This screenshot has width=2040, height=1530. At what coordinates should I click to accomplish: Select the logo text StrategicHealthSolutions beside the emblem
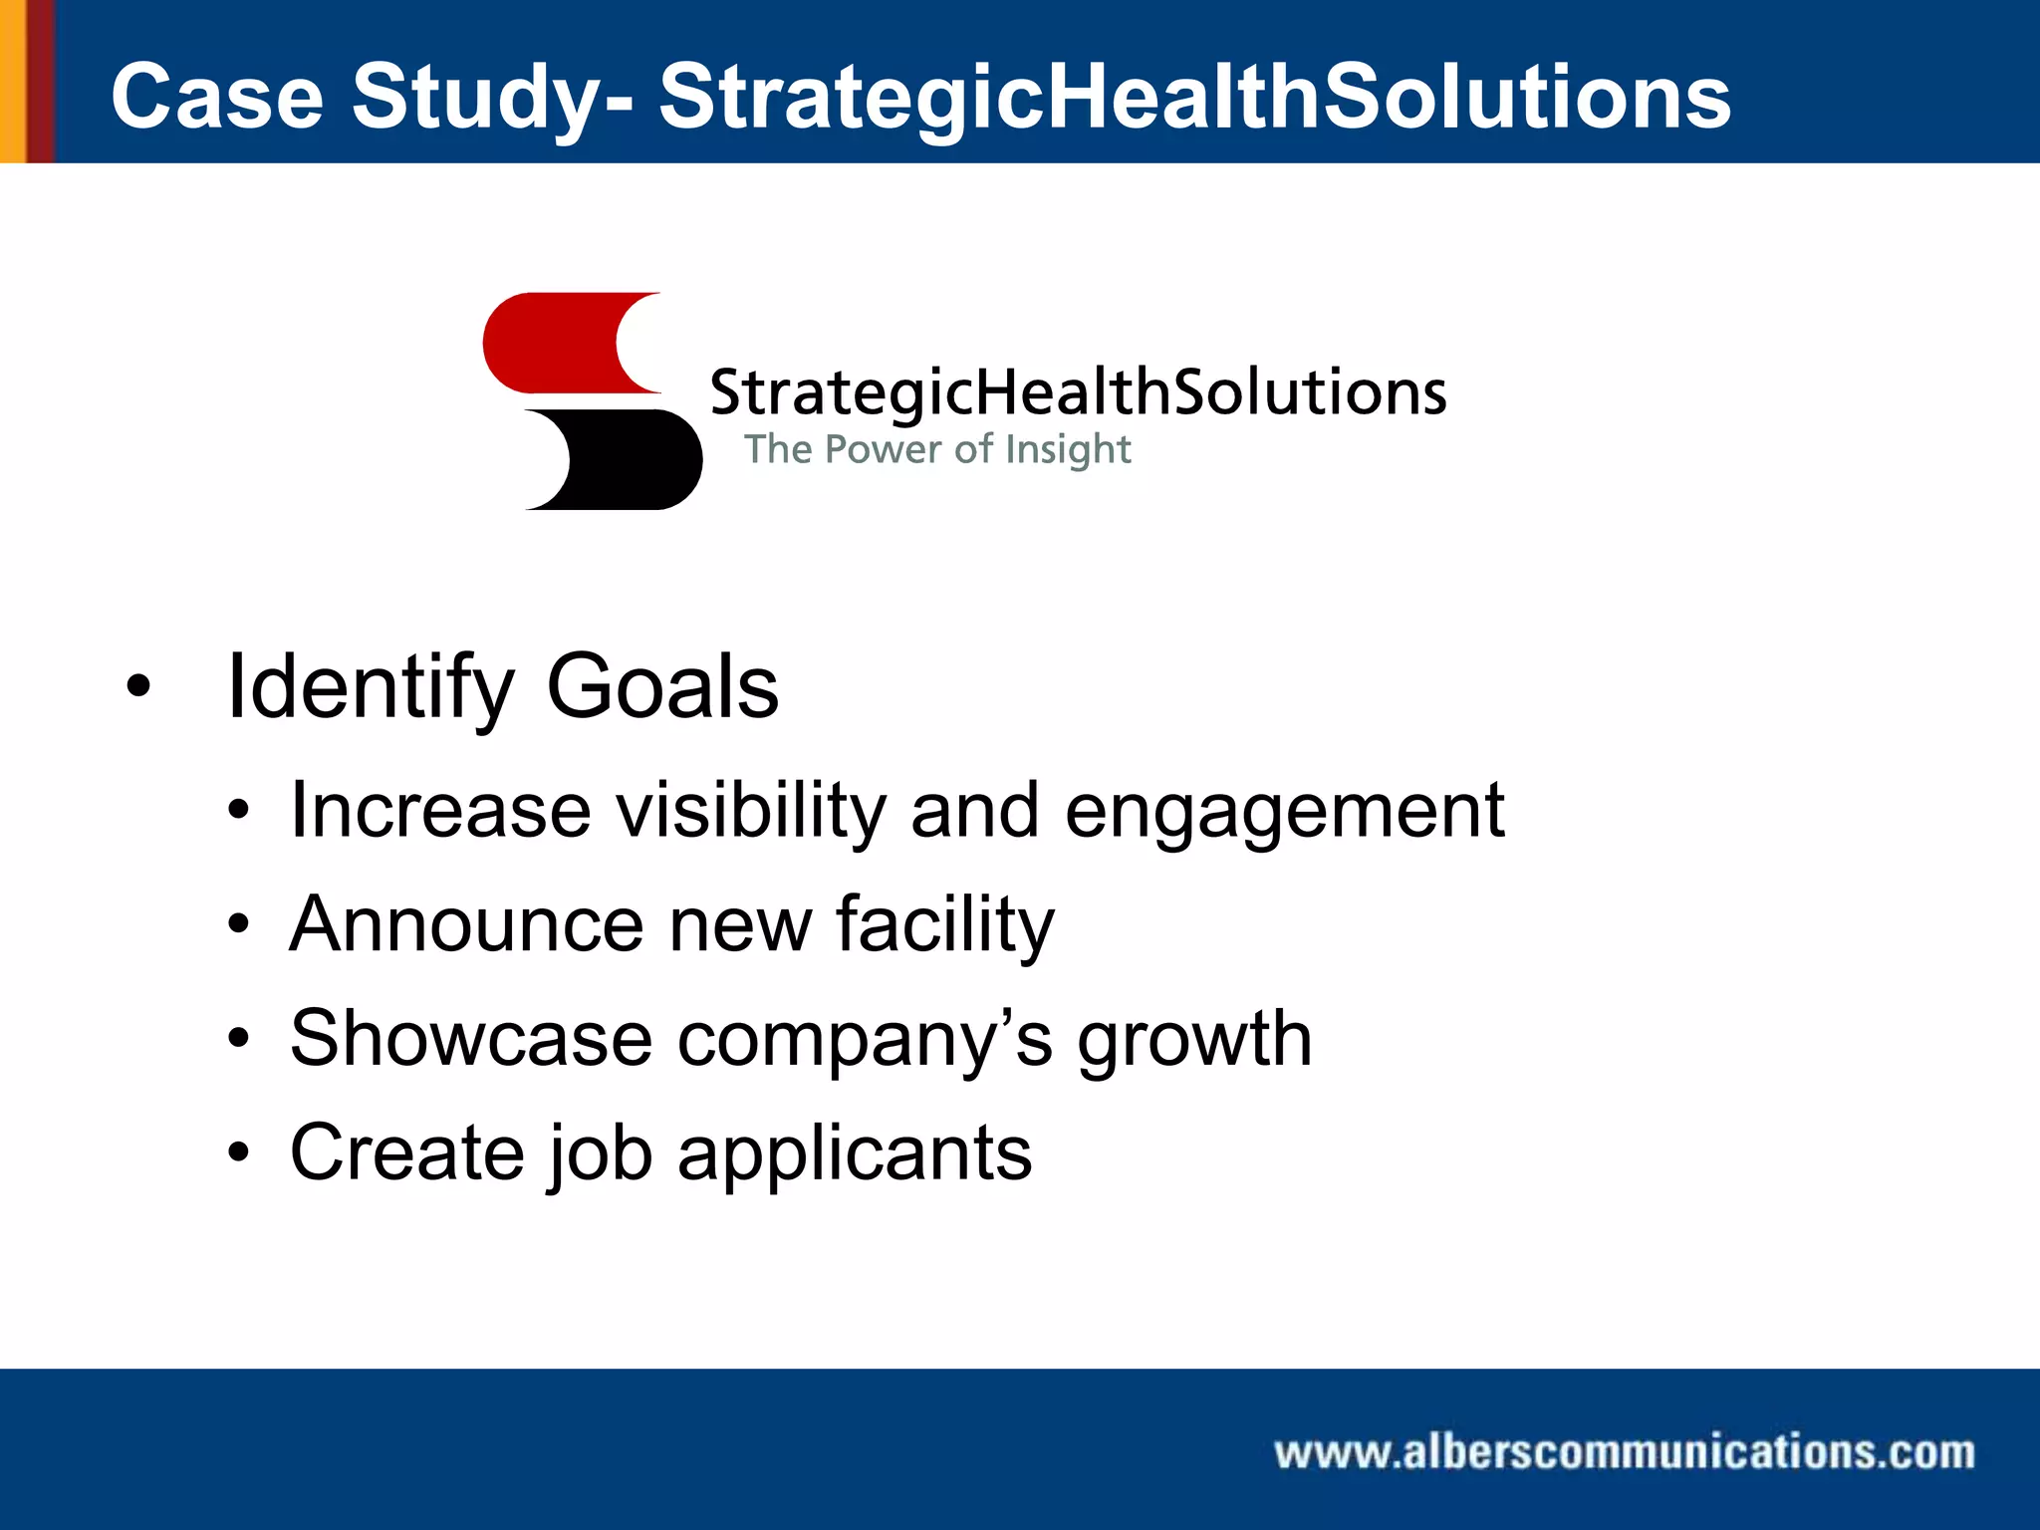click(1078, 392)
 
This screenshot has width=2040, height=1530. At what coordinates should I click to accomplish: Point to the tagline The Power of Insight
click(937, 449)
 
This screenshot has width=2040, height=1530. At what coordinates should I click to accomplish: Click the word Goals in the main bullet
click(662, 687)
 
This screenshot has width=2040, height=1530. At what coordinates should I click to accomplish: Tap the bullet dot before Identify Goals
click(138, 687)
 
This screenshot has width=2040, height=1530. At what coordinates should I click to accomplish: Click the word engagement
click(1284, 811)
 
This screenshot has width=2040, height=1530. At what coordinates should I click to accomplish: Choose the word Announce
click(466, 924)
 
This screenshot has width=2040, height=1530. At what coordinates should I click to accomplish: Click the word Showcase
click(470, 1039)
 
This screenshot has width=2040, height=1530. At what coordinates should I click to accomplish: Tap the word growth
click(1194, 1039)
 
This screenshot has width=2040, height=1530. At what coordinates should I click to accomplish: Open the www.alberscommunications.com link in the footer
click(1624, 1452)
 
